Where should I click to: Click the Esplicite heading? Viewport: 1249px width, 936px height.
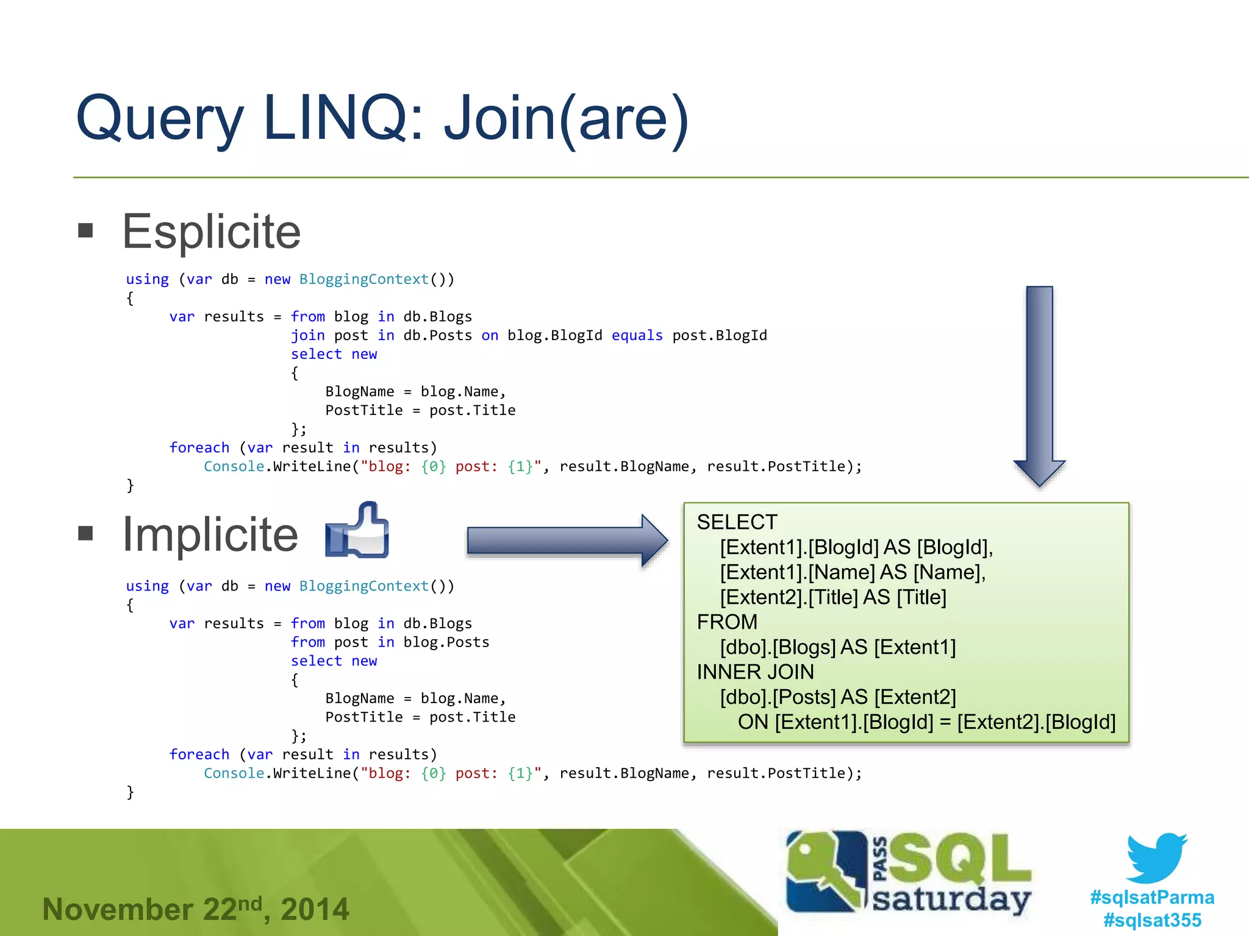click(x=211, y=232)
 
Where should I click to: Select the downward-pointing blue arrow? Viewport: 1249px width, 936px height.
click(x=1039, y=384)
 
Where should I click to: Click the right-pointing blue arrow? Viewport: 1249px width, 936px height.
click(x=566, y=541)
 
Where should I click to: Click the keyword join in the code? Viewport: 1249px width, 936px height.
click(x=307, y=336)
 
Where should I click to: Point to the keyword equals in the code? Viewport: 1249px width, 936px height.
click(x=637, y=336)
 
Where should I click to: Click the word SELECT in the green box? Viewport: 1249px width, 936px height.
click(x=737, y=522)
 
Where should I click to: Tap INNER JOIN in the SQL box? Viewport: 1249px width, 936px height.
click(x=755, y=672)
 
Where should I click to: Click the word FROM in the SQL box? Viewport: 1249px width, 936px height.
click(x=727, y=622)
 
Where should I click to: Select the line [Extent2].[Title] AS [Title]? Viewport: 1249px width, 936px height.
click(x=832, y=597)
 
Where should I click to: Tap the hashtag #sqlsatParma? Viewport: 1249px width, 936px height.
click(x=1152, y=898)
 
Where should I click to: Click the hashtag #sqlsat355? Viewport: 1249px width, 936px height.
click(x=1152, y=920)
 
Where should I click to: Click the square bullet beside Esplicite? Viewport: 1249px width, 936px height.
click(x=86, y=230)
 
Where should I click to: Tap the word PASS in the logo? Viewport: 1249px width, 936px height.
click(x=880, y=859)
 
